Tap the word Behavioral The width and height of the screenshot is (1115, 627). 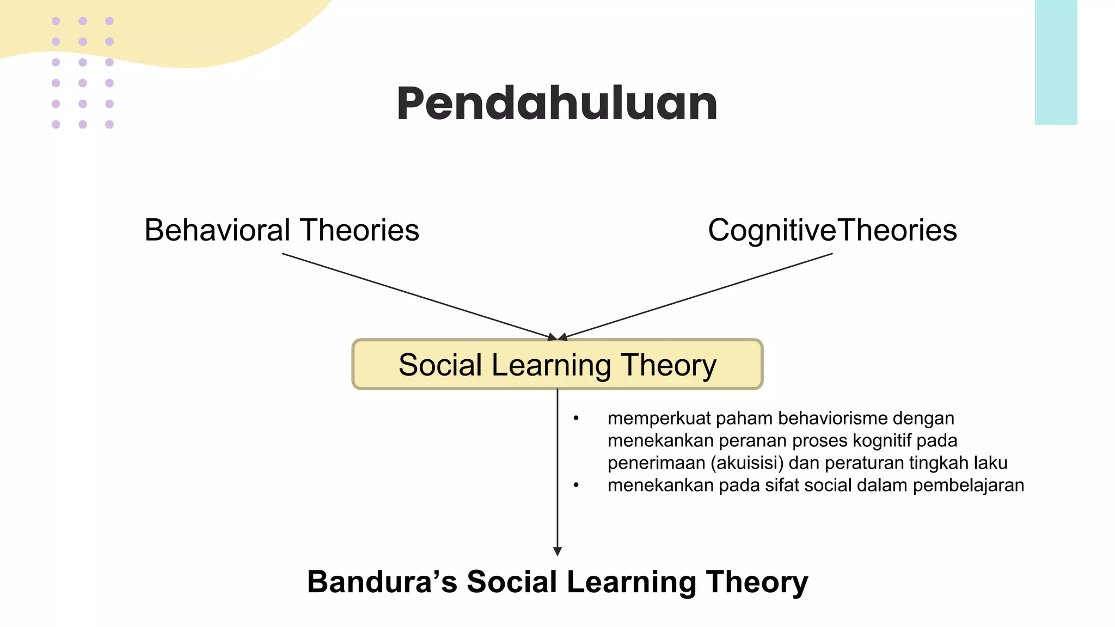pyautogui.click(x=217, y=230)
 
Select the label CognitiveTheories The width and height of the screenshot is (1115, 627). pyautogui.click(x=832, y=230)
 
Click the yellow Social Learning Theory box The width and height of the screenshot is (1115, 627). pyautogui.click(x=557, y=364)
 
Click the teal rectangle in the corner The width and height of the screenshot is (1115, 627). pyautogui.click(x=1056, y=62)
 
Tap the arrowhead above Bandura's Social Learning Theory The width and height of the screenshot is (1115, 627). pyautogui.click(x=557, y=551)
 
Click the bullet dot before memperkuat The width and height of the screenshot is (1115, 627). pyautogui.click(x=575, y=419)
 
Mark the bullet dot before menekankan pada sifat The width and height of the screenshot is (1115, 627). pyautogui.click(x=575, y=485)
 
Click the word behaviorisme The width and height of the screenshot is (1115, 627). pyautogui.click(x=832, y=419)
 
